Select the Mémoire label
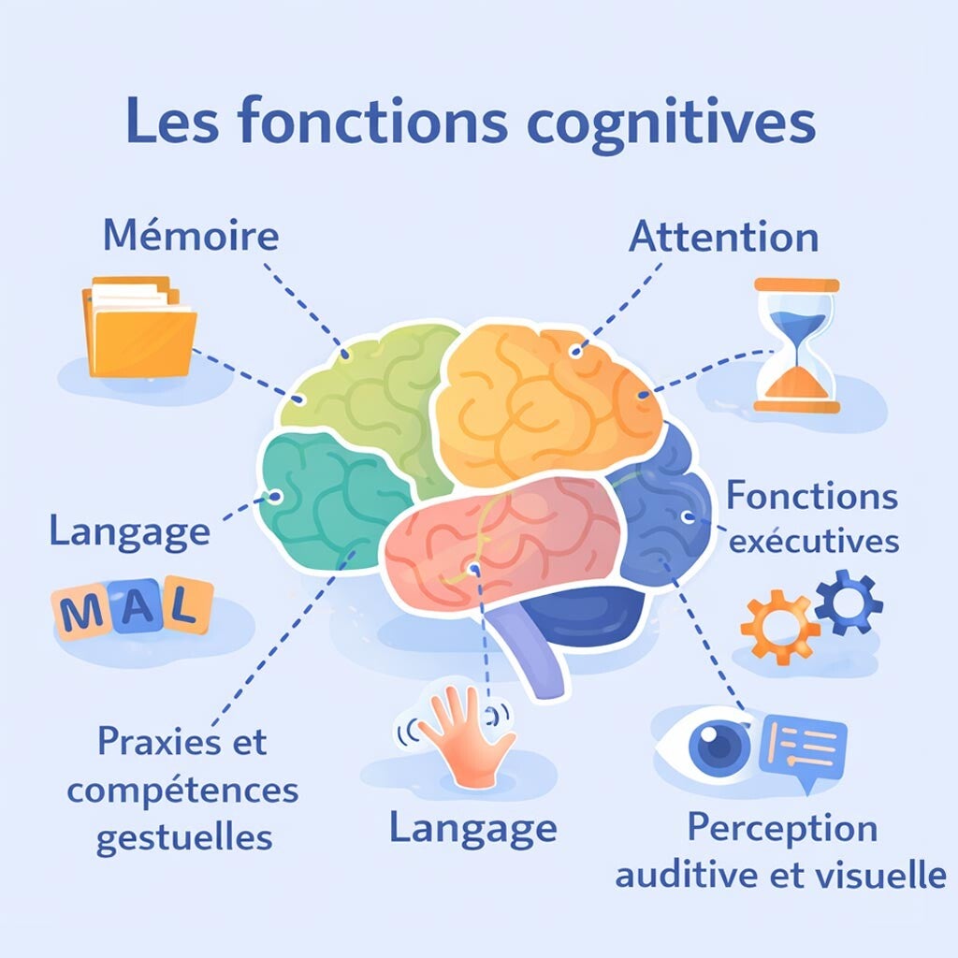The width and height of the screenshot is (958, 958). (x=191, y=235)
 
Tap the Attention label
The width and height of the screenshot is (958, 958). (x=723, y=237)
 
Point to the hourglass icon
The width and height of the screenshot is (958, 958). (x=797, y=345)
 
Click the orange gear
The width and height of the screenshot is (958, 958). (x=779, y=627)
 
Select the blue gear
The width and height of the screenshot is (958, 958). (x=849, y=602)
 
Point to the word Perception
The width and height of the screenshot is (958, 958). (x=783, y=829)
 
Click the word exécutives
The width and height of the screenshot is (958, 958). (x=815, y=541)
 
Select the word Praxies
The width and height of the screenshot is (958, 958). (x=159, y=741)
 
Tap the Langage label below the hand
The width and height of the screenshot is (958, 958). (x=472, y=830)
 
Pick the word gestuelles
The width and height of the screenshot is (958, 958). (x=184, y=838)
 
